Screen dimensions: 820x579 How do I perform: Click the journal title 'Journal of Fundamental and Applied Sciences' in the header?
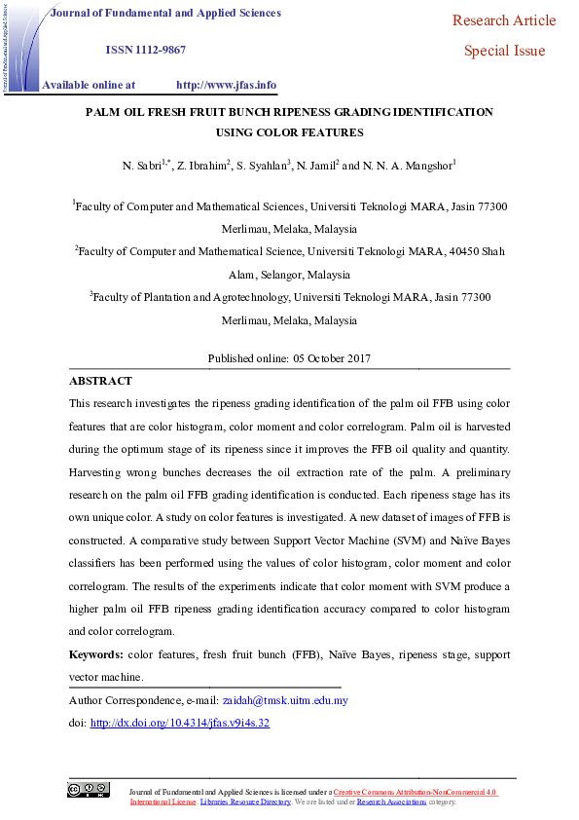click(164, 14)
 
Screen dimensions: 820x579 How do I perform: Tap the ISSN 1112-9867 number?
click(145, 50)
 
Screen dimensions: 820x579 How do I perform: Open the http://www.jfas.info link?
click(226, 85)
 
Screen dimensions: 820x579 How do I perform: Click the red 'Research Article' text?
click(504, 20)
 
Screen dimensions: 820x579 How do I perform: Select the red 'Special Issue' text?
click(504, 51)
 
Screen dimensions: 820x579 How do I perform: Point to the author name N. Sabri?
click(143, 167)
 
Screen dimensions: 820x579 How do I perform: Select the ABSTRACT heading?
click(100, 381)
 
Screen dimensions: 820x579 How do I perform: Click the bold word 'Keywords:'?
click(95, 656)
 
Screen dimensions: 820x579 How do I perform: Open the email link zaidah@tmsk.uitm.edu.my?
click(285, 700)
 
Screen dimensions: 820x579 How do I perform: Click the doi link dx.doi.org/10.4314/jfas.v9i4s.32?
click(179, 723)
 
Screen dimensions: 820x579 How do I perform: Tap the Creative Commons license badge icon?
click(88, 790)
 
